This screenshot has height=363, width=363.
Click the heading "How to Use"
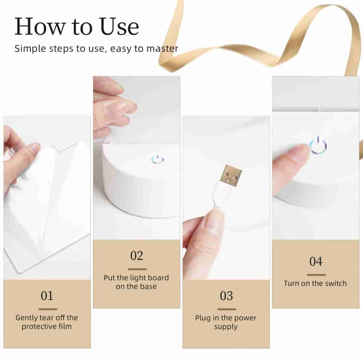(77, 27)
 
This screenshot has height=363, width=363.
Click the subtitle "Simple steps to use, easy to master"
(96, 49)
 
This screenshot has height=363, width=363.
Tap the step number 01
(47, 296)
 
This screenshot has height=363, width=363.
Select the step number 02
(136, 256)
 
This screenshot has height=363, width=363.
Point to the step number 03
(226, 296)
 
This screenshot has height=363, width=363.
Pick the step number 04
(316, 262)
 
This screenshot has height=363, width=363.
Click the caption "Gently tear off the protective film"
(47, 322)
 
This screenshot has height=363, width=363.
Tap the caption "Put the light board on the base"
(136, 282)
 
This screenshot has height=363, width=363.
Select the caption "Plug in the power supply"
(226, 322)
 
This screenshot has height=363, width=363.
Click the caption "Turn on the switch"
(315, 283)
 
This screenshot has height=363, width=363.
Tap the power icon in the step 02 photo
(157, 159)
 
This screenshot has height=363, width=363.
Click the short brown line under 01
(48, 309)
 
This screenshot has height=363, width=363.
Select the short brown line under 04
(316, 275)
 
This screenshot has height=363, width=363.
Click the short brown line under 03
(227, 309)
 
